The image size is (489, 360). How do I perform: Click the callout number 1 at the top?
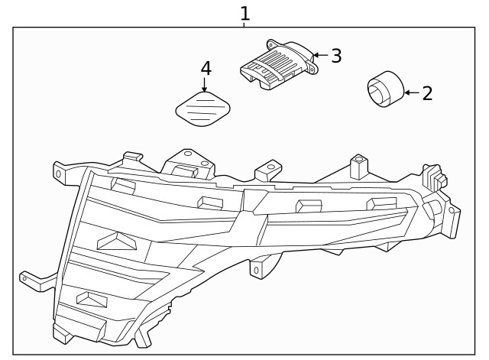point(244,13)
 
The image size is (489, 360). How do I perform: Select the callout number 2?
point(427,93)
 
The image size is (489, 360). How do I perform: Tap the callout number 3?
point(335,56)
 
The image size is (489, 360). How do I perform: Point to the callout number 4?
point(206,68)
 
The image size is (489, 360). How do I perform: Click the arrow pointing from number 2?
point(410,92)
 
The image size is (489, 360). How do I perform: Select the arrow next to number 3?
point(319,55)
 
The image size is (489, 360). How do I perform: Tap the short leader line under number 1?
point(244,24)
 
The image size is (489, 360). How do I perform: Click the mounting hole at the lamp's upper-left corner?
point(59,173)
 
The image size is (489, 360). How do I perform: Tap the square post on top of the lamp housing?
point(356,167)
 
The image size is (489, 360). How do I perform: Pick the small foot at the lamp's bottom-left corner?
point(60,332)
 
